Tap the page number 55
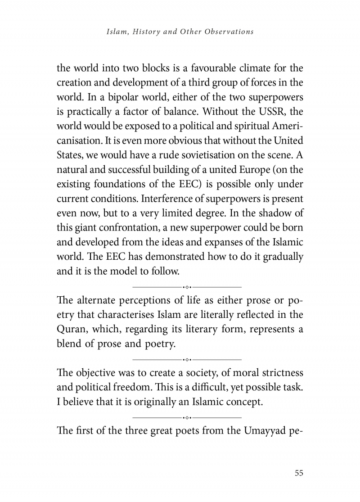click(299, 473)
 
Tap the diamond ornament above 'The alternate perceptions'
click(188, 286)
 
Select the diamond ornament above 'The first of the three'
click(188, 417)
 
